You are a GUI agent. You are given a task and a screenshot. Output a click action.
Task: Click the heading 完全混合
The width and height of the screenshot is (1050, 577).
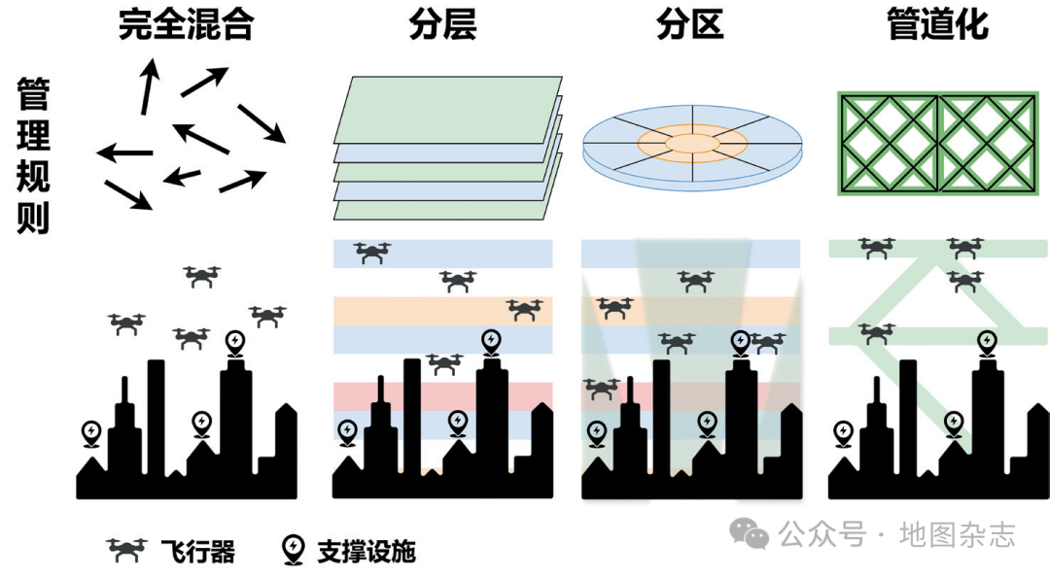tap(186, 25)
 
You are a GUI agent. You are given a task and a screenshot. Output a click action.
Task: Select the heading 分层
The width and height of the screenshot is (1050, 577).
tap(442, 25)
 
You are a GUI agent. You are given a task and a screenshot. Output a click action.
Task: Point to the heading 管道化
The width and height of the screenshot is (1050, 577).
tap(937, 25)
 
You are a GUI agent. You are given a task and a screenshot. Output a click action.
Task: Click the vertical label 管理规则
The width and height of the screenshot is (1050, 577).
tap(34, 156)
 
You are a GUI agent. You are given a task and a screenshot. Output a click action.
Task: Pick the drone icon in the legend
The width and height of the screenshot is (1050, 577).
tap(127, 551)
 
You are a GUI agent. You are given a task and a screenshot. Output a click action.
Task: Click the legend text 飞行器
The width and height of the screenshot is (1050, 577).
tap(197, 552)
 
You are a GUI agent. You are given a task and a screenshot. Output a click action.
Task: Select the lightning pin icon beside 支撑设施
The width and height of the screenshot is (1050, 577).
tap(292, 550)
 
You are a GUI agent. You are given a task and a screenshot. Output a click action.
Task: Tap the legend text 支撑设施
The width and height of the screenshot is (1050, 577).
tap(367, 552)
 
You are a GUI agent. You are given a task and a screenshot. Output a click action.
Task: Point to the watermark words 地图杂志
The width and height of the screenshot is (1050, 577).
tap(957, 534)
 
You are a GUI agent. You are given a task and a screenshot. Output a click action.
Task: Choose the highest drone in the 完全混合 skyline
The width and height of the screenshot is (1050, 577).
tap(201, 277)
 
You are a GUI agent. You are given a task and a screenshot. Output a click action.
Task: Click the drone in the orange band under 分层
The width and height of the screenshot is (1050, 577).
tap(525, 310)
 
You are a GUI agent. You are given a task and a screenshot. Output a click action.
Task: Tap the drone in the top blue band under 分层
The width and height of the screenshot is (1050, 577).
tap(372, 254)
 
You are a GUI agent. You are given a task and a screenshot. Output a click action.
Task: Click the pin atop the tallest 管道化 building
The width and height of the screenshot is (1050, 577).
tap(988, 342)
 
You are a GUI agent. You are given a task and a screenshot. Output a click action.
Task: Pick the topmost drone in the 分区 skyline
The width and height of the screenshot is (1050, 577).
tap(696, 282)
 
